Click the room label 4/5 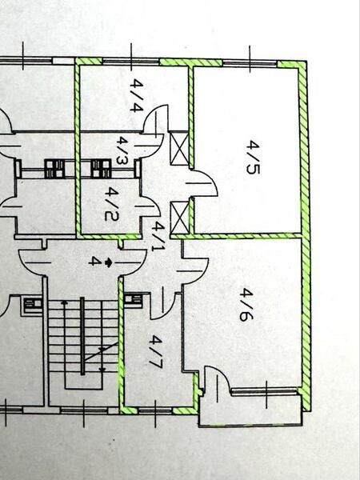click(x=253, y=158)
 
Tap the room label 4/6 click(x=246, y=305)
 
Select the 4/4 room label click(x=137, y=95)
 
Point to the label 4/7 click(x=156, y=351)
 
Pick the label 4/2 click(x=111, y=204)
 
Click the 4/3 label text click(x=122, y=150)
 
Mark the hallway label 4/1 click(x=158, y=236)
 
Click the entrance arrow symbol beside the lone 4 click(x=108, y=262)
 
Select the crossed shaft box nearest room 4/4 click(x=179, y=149)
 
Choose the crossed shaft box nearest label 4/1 click(x=179, y=217)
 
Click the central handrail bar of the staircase click(x=82, y=336)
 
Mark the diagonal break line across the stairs click(x=101, y=352)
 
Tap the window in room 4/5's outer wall click(x=250, y=64)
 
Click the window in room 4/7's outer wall click(x=155, y=410)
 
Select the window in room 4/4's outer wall click(x=130, y=62)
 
